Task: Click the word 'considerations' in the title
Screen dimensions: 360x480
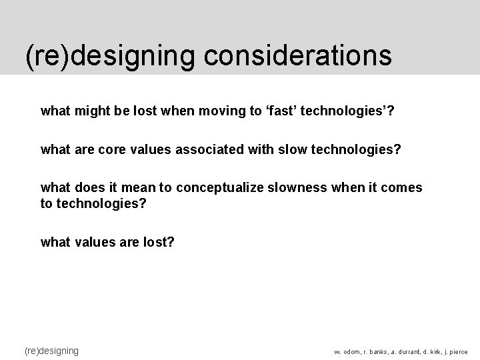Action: [x=298, y=56]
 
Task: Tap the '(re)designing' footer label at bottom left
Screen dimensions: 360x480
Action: [x=51, y=351]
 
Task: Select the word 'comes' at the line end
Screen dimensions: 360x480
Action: [x=401, y=187]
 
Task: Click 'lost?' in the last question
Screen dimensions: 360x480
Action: [x=159, y=242]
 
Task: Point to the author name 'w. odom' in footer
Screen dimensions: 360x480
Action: [x=347, y=352]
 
